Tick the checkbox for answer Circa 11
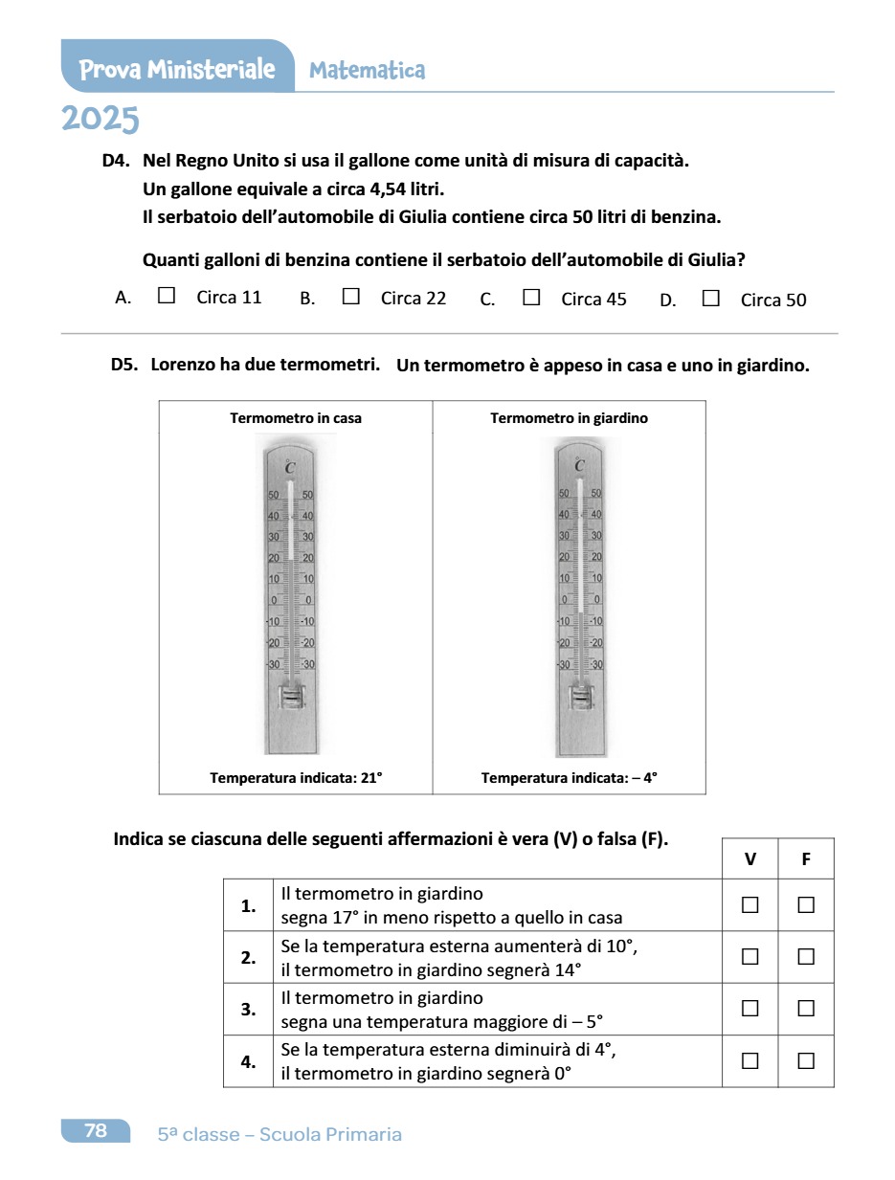(167, 297)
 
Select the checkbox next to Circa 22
(350, 297)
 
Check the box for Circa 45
(531, 297)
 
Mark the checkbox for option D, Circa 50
(710, 298)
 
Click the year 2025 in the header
(101, 120)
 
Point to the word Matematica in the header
(368, 70)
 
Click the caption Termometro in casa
(296, 418)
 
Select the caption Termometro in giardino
(569, 418)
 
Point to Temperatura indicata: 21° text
(296, 778)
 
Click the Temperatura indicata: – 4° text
(570, 778)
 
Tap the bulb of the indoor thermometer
(290, 699)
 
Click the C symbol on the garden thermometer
(580, 465)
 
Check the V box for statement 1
(750, 904)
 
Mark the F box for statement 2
(806, 956)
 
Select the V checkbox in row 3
(750, 1008)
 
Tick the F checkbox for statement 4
(806, 1059)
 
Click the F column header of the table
(806, 859)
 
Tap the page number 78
(96, 1131)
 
